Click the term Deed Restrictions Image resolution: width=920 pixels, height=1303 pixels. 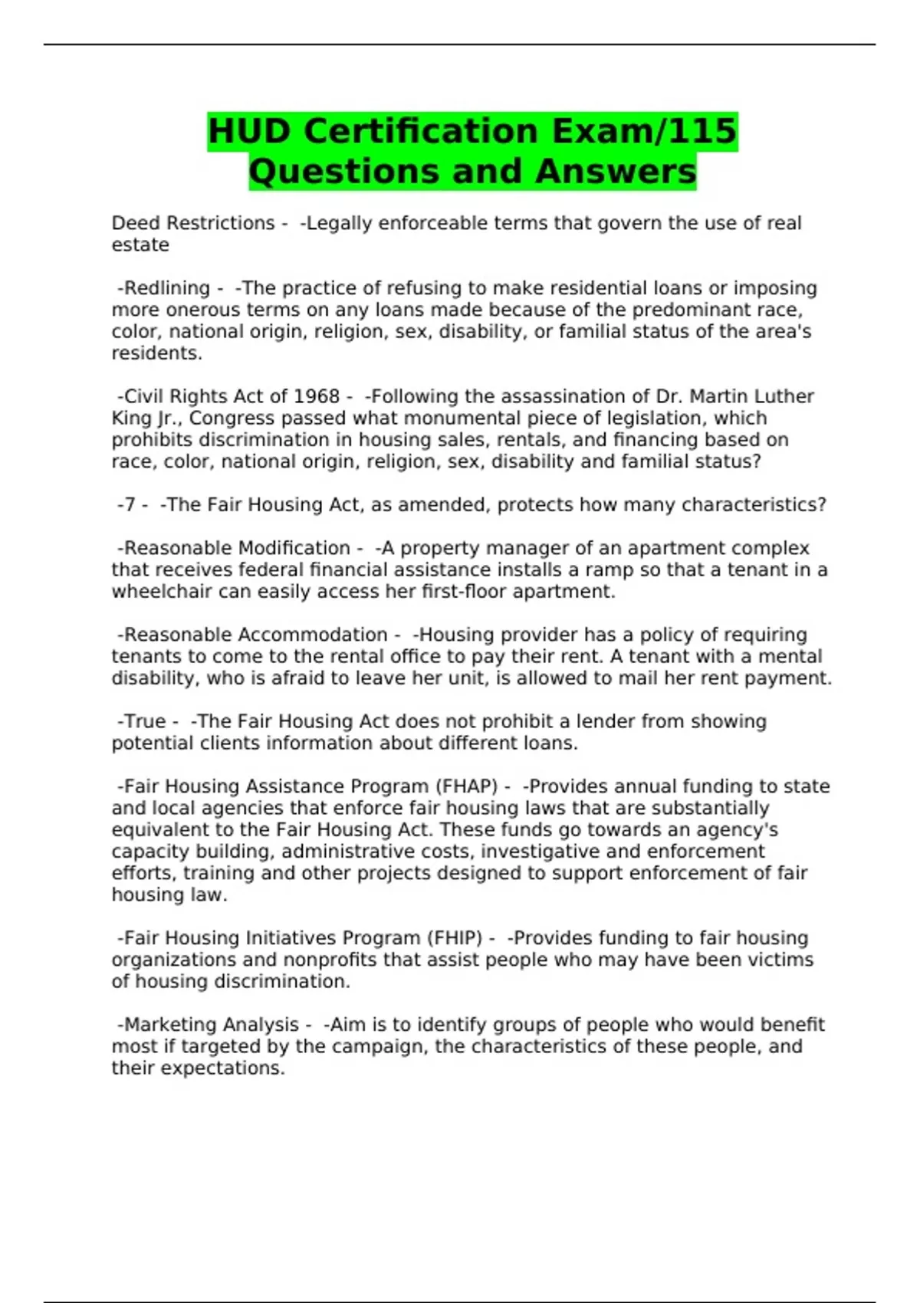point(192,223)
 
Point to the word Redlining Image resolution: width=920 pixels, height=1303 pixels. point(166,288)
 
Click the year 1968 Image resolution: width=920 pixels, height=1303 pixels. point(317,396)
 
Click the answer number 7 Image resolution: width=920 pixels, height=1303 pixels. point(130,505)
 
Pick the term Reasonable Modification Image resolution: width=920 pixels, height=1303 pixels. point(237,549)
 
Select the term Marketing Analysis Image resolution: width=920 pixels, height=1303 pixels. point(211,1025)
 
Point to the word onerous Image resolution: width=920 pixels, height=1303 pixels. point(203,310)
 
